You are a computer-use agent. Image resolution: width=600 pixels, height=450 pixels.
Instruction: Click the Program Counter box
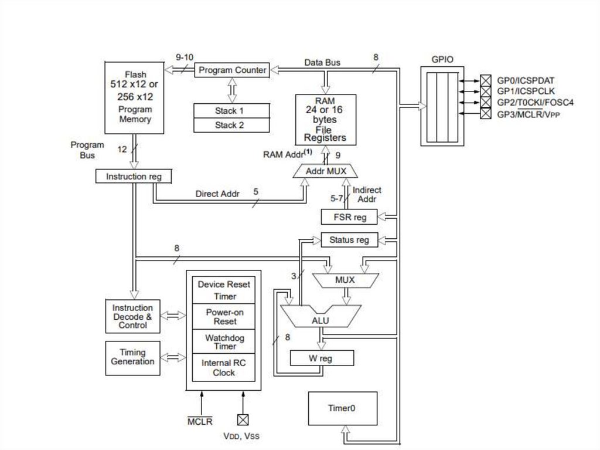pyautogui.click(x=232, y=70)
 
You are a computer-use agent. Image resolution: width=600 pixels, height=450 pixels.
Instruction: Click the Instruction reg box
pyautogui.click(x=133, y=176)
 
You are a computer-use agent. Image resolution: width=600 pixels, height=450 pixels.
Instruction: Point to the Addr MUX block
pyautogui.click(x=326, y=171)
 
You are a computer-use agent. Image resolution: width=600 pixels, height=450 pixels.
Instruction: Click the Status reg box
pyautogui.click(x=349, y=240)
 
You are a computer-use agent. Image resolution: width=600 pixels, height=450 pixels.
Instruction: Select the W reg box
pyautogui.click(x=322, y=358)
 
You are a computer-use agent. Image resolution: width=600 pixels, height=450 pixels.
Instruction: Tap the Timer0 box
pyautogui.click(x=343, y=408)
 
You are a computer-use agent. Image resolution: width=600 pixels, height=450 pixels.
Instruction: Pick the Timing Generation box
pyautogui.click(x=132, y=357)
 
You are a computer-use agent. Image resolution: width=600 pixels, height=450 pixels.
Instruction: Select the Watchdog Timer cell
pyautogui.click(x=224, y=342)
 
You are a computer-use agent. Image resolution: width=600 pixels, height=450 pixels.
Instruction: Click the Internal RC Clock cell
pyautogui.click(x=224, y=368)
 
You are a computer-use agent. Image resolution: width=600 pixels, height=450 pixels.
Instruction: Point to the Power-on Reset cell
pyautogui.click(x=224, y=317)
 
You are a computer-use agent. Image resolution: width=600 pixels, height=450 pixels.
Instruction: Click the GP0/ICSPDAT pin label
pyautogui.click(x=526, y=80)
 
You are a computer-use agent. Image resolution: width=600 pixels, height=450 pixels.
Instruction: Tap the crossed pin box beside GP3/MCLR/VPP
pyautogui.click(x=485, y=114)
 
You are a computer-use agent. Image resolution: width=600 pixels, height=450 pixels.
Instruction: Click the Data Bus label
pyautogui.click(x=322, y=62)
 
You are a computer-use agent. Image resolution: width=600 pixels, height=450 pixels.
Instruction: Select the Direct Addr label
pyautogui.click(x=216, y=194)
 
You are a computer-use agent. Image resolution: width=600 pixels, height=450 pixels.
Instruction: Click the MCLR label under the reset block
pyautogui.click(x=200, y=421)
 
